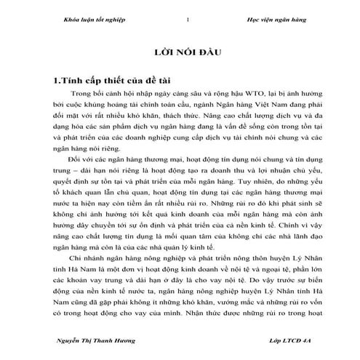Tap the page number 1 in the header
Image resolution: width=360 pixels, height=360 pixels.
coord(188,19)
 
